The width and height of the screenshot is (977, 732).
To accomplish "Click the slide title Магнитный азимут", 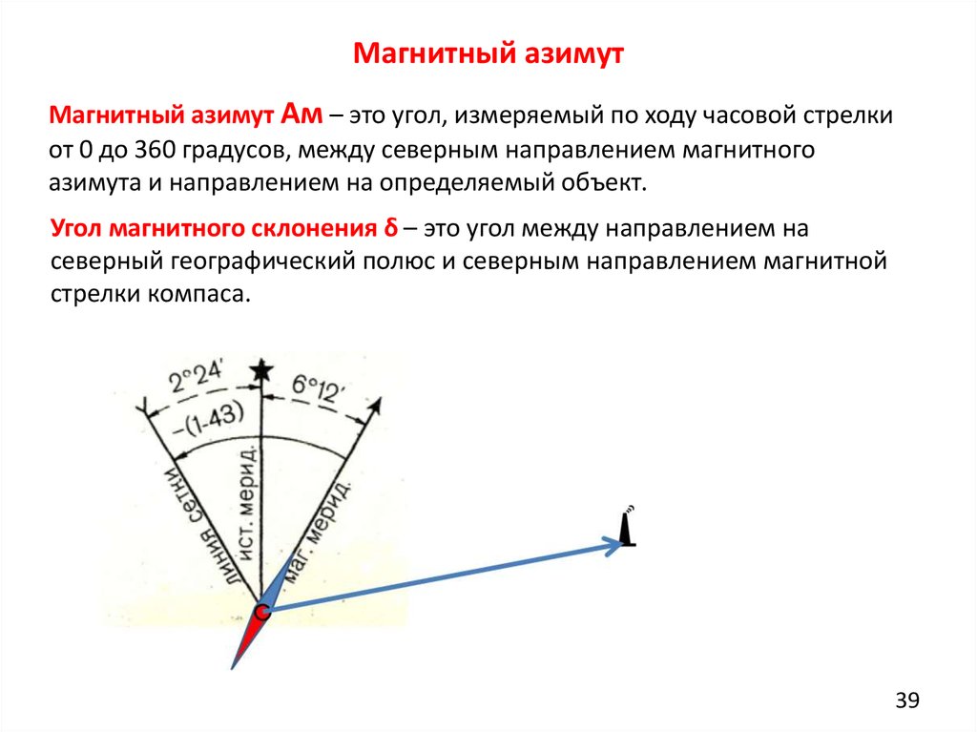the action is click(x=488, y=54).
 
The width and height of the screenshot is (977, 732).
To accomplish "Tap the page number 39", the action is click(x=907, y=701).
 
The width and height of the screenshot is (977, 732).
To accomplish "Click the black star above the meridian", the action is click(x=261, y=370).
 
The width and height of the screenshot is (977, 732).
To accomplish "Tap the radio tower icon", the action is click(x=628, y=527).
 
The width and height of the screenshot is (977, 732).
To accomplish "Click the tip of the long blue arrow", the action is click(x=622, y=544).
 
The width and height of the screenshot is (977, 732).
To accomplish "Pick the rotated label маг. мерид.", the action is click(x=317, y=530).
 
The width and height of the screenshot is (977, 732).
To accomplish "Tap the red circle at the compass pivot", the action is click(x=262, y=611).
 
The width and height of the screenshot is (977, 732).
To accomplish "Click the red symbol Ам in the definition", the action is click(x=301, y=115).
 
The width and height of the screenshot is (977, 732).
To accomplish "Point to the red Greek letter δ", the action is click(x=390, y=227).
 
